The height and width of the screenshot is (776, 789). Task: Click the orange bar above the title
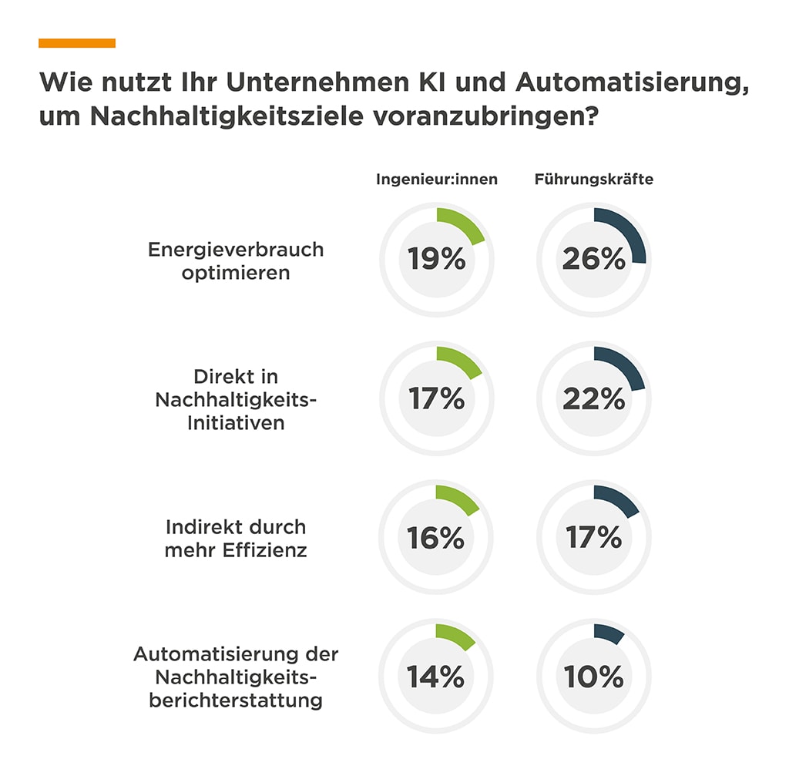pyautogui.click(x=77, y=43)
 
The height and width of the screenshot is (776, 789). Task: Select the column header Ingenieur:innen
pyautogui.click(x=437, y=180)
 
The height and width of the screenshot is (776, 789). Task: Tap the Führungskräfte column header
pyautogui.click(x=594, y=180)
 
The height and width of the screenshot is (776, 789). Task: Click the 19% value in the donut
pyautogui.click(x=437, y=260)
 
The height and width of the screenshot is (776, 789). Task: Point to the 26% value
pyautogui.click(x=593, y=260)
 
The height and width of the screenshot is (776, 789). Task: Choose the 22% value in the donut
pyautogui.click(x=593, y=398)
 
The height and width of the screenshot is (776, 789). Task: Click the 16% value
pyautogui.click(x=436, y=538)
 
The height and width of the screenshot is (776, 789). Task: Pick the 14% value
pyautogui.click(x=436, y=677)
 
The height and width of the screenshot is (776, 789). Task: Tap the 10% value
pyautogui.click(x=593, y=677)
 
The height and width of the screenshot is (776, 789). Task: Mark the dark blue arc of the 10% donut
pyautogui.click(x=609, y=633)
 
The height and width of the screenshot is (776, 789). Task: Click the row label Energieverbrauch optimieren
pyautogui.click(x=236, y=260)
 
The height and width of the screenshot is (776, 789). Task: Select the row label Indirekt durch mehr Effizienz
pyautogui.click(x=236, y=538)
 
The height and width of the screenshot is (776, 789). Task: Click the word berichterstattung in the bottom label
pyautogui.click(x=236, y=700)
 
